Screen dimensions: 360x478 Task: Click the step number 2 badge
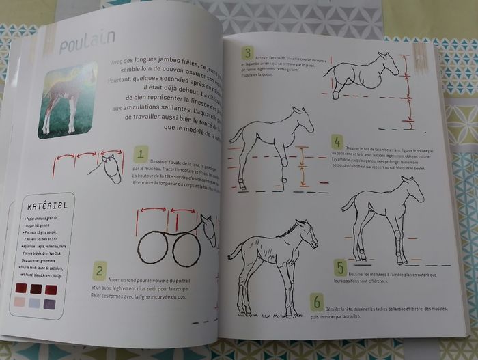point(100,271)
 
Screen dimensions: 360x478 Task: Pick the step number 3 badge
point(247,54)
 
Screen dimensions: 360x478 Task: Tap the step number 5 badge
point(339,267)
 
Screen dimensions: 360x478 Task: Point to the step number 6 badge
point(316,302)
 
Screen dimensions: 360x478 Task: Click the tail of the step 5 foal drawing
point(348,201)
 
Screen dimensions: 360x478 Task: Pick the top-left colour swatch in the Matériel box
point(20,289)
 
